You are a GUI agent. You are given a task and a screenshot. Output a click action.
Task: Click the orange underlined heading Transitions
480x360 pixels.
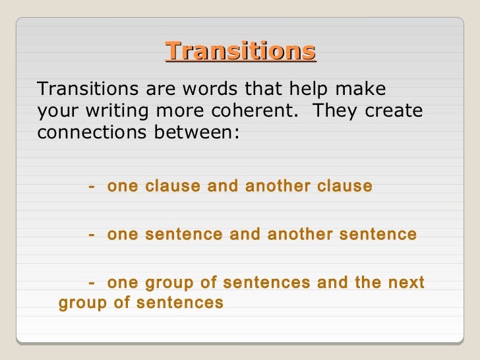[x=241, y=51]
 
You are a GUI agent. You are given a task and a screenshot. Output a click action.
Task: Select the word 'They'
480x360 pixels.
[x=334, y=110]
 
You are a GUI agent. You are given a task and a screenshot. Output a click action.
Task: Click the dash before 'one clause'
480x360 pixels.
[x=91, y=187]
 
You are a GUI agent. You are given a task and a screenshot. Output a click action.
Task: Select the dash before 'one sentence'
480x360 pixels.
[x=91, y=234]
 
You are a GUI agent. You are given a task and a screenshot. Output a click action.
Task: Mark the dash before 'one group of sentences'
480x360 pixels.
[x=91, y=284]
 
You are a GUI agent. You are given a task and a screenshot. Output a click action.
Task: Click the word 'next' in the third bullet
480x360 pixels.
[x=407, y=284]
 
